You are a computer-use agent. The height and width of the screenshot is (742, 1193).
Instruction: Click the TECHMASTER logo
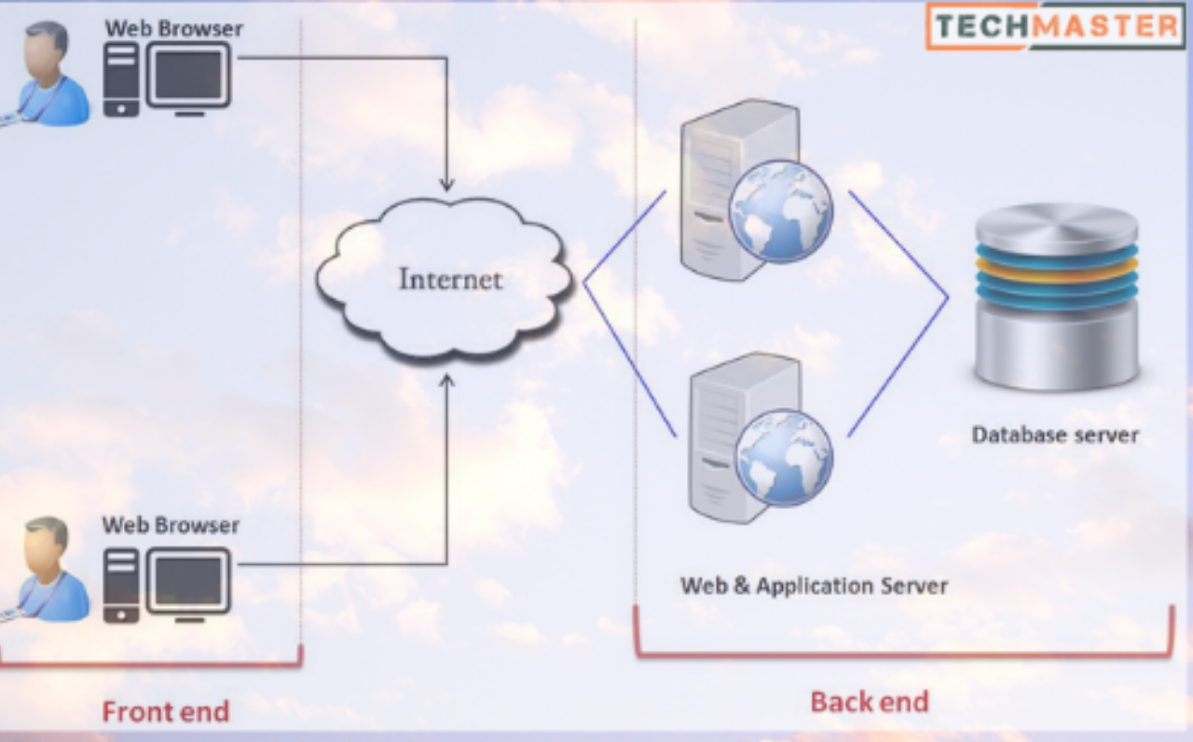[1055, 25]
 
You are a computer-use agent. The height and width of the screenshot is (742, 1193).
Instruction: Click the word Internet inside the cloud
[450, 279]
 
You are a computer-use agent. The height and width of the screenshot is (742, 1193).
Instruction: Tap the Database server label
[1055, 434]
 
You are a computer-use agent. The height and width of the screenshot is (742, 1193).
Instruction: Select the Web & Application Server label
[814, 586]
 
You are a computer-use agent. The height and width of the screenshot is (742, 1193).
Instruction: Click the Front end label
[165, 712]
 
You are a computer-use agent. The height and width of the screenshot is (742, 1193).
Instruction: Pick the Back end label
[869, 701]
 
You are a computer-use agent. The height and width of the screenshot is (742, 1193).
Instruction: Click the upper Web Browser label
[173, 28]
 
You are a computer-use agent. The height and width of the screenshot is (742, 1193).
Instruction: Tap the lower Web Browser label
[171, 525]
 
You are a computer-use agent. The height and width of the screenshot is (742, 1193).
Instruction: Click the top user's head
[47, 51]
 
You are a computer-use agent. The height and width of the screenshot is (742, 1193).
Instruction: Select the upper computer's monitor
[188, 74]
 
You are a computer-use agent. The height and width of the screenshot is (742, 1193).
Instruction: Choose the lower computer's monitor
[188, 579]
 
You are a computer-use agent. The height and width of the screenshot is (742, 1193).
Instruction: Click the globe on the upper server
[780, 211]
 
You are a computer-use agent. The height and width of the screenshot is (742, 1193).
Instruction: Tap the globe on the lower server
[783, 458]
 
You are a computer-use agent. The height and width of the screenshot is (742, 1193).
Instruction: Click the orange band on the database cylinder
[1056, 270]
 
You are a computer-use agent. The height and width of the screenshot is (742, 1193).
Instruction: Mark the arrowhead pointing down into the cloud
[447, 184]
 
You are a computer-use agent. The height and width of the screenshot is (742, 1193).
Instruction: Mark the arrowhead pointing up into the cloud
[447, 379]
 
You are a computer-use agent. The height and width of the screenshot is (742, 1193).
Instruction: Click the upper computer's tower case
[121, 78]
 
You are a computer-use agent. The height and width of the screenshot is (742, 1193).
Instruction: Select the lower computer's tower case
[121, 584]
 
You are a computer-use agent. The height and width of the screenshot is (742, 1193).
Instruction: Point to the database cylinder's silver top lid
[1056, 225]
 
